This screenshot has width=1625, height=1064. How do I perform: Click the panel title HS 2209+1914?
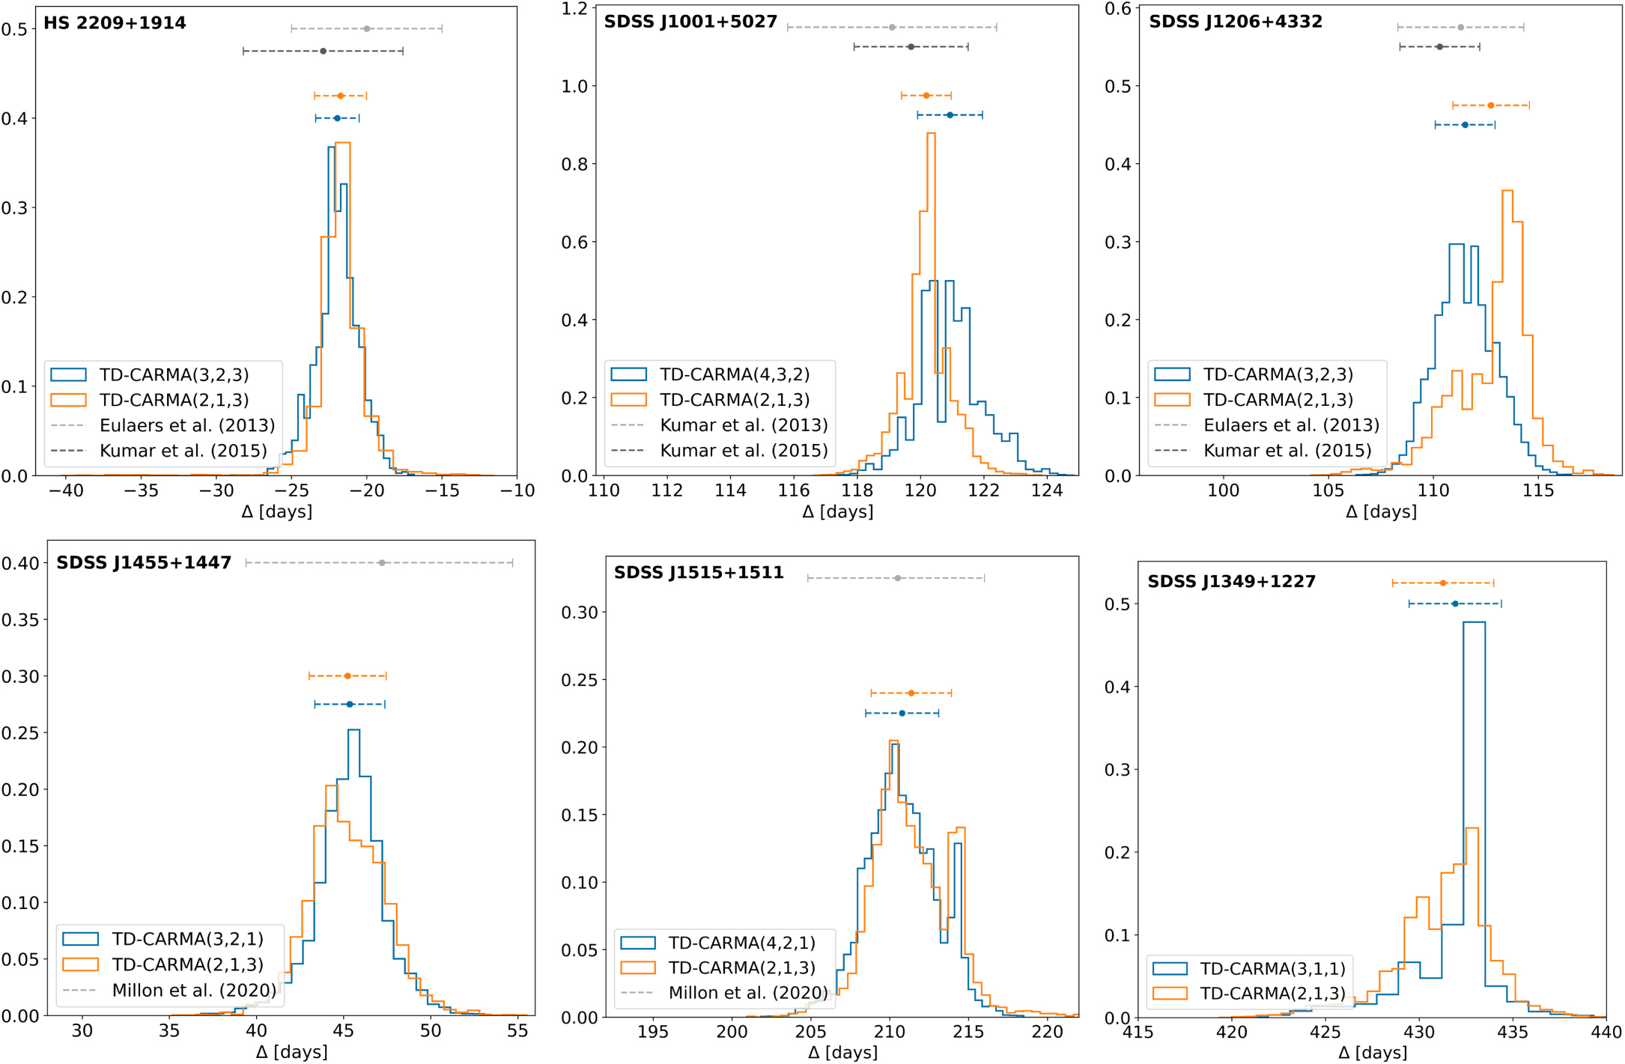click(x=115, y=23)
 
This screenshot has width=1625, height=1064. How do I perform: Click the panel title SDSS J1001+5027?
click(x=690, y=22)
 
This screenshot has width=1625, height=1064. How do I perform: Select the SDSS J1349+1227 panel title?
click(x=1231, y=582)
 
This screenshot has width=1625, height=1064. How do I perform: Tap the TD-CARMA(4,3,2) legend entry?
click(x=734, y=374)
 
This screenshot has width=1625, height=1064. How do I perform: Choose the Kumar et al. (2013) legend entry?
click(x=743, y=425)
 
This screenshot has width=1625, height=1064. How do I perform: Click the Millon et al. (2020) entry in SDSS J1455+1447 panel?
click(x=193, y=991)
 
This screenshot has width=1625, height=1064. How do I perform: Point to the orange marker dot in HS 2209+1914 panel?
click(x=341, y=96)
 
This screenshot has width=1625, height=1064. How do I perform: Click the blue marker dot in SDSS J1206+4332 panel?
click(x=1465, y=125)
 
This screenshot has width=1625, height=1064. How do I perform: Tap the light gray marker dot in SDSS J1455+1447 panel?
click(x=382, y=563)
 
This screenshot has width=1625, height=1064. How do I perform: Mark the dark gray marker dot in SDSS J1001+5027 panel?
click(x=911, y=47)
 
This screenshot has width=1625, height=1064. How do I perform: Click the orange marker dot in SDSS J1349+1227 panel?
click(x=1443, y=583)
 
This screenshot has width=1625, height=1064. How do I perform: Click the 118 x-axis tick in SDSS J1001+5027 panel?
click(x=857, y=491)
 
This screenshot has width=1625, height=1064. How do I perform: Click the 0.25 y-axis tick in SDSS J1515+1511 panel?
click(x=580, y=680)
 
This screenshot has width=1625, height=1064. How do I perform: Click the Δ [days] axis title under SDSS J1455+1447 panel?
click(x=291, y=1052)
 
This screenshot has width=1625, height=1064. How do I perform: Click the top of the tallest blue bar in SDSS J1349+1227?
click(x=1474, y=622)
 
